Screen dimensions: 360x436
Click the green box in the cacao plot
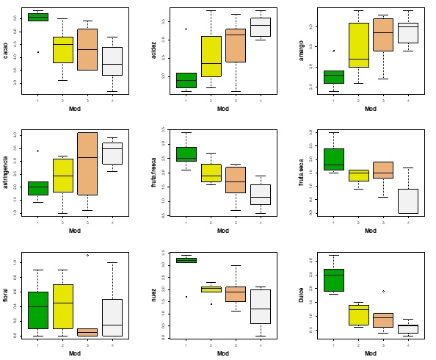[x=38, y=17]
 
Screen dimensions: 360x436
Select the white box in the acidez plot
[x=260, y=26]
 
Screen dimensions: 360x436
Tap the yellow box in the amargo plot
[x=359, y=45]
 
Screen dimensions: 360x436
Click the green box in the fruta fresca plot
[x=186, y=154]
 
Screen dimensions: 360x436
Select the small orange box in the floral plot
[x=87, y=332]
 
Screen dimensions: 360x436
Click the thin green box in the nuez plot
[x=186, y=260]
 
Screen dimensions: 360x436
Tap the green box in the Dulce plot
[x=334, y=280]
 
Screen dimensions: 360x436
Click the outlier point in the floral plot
[x=87, y=255]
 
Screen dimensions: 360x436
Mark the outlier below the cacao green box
[x=38, y=52]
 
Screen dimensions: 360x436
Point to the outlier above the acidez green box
[x=186, y=29]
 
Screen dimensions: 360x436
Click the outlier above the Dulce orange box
[x=383, y=292]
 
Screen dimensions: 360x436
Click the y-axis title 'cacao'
[x=6, y=51]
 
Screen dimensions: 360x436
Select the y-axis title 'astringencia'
[x=6, y=173]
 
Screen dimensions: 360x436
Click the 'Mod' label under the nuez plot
[x=222, y=353]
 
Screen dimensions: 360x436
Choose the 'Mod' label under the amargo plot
[x=371, y=109]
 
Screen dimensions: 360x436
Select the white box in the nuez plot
[x=260, y=306]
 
